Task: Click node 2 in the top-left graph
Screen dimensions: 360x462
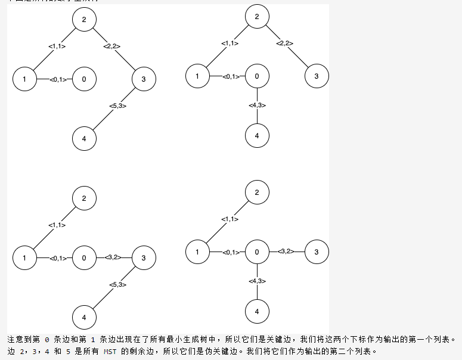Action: (x=84, y=20)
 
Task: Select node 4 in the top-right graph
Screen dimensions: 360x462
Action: (x=257, y=135)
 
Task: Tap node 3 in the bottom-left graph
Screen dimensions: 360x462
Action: (x=144, y=258)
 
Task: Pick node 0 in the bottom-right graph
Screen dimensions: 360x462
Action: (x=257, y=252)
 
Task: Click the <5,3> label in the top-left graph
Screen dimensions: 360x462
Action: (x=117, y=106)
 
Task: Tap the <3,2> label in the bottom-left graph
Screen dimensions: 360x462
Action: (x=113, y=257)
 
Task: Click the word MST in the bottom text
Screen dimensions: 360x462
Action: (x=111, y=352)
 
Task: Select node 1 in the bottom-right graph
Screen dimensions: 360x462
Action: (x=197, y=252)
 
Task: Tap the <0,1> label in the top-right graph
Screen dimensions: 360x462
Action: (x=231, y=76)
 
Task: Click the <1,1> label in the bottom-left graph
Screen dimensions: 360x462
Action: (x=57, y=225)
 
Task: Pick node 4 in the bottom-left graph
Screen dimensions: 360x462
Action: (x=84, y=317)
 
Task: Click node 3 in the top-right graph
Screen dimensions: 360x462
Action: (x=317, y=76)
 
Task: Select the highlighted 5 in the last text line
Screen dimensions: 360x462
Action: (x=69, y=352)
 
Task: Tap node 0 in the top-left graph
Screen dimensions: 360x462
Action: (x=84, y=79)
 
